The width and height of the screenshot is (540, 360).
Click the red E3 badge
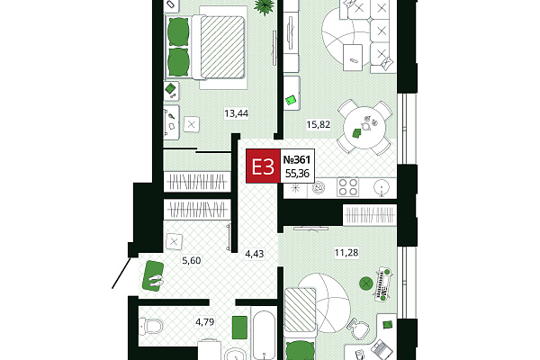click(x=263, y=166)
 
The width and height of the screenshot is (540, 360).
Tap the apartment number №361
click(x=296, y=160)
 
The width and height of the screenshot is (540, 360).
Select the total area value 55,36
click(x=297, y=174)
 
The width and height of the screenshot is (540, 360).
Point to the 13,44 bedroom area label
click(x=236, y=113)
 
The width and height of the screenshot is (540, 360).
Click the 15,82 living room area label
click(x=319, y=124)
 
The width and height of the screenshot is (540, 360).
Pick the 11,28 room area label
click(x=346, y=253)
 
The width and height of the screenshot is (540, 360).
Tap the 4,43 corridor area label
click(x=254, y=254)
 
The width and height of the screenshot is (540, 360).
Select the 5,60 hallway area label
click(x=192, y=260)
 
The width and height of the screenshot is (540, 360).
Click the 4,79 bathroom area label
click(x=205, y=322)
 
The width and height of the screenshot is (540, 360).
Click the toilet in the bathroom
click(x=150, y=326)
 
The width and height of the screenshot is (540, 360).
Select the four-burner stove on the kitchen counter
click(x=347, y=187)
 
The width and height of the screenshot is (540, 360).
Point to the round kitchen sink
click(x=382, y=188)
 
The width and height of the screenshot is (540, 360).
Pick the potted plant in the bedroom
click(x=265, y=6)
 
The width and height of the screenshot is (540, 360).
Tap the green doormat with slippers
click(x=153, y=276)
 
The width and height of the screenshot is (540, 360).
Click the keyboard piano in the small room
click(x=384, y=284)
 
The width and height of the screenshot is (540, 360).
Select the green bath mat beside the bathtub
click(x=239, y=328)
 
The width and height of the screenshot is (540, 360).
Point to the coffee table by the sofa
click(x=353, y=58)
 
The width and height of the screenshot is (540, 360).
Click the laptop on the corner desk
click(x=382, y=350)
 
